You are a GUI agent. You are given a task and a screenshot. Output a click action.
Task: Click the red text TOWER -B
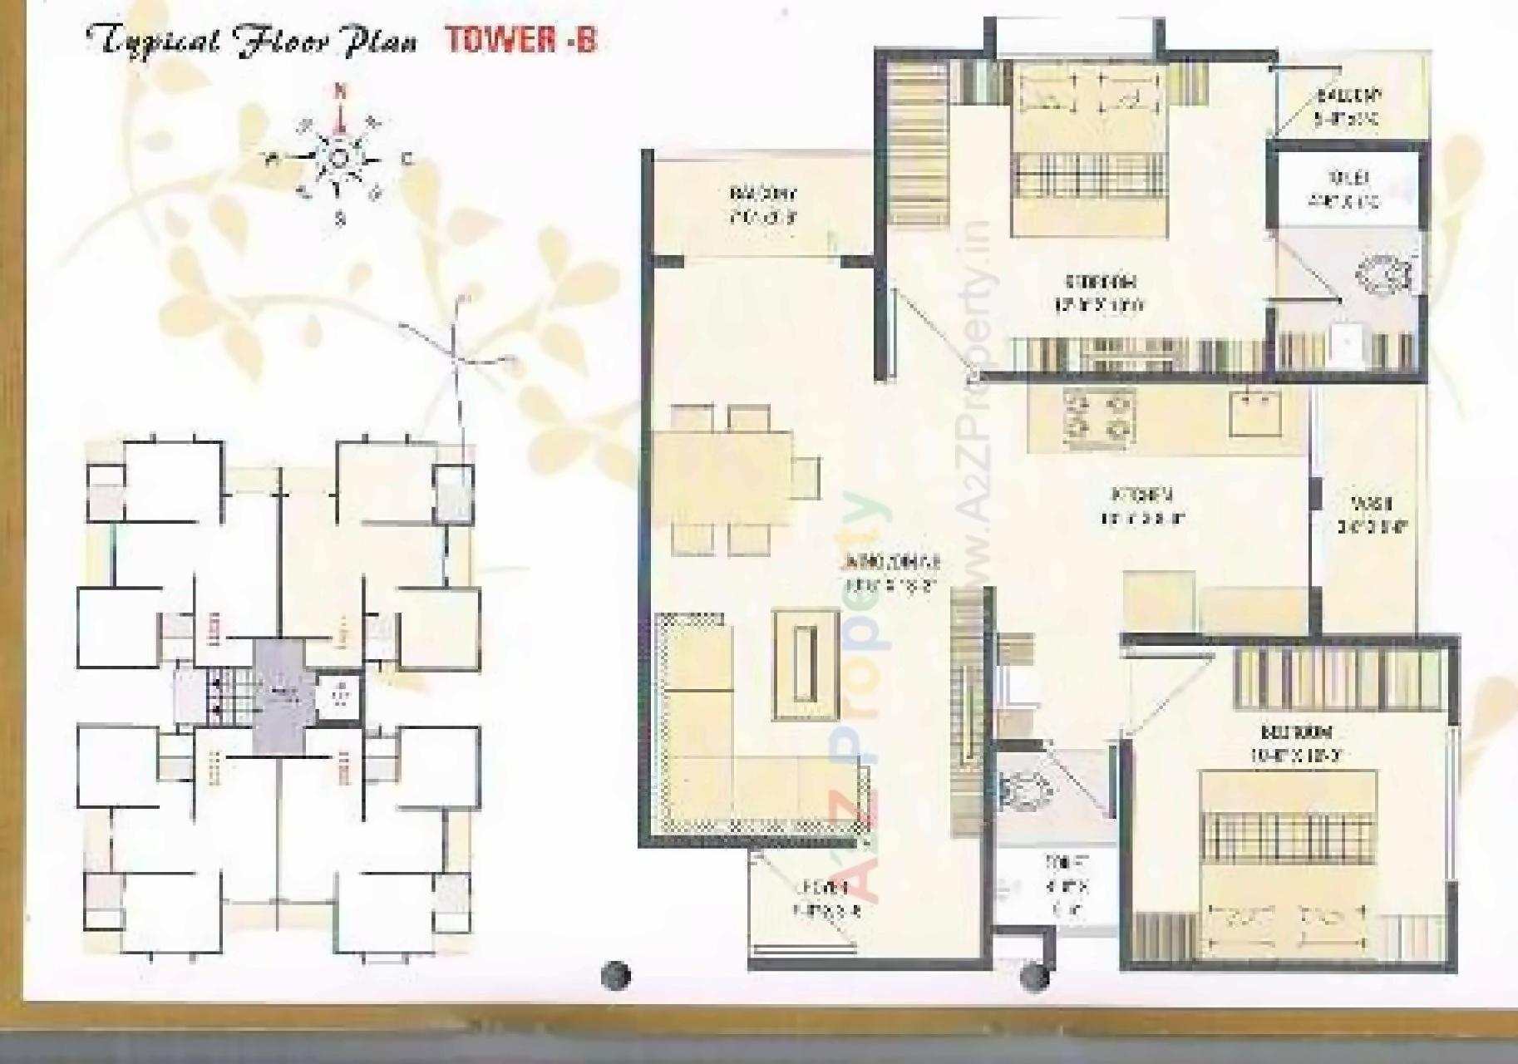tap(521, 41)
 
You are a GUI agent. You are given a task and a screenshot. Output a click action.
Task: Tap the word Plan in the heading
tap(379, 42)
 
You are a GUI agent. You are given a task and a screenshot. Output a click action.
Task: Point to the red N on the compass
tap(339, 91)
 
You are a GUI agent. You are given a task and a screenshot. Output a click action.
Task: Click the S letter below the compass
tap(339, 219)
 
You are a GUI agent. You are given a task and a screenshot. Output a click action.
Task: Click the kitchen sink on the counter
tap(1254, 412)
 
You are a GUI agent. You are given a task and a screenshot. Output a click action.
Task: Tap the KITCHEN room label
tap(1141, 506)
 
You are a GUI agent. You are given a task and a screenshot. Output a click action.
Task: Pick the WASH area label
tap(1371, 515)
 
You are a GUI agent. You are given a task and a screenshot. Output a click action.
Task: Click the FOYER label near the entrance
tap(826, 897)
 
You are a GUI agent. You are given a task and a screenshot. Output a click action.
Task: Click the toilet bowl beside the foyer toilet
tap(1023, 789)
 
